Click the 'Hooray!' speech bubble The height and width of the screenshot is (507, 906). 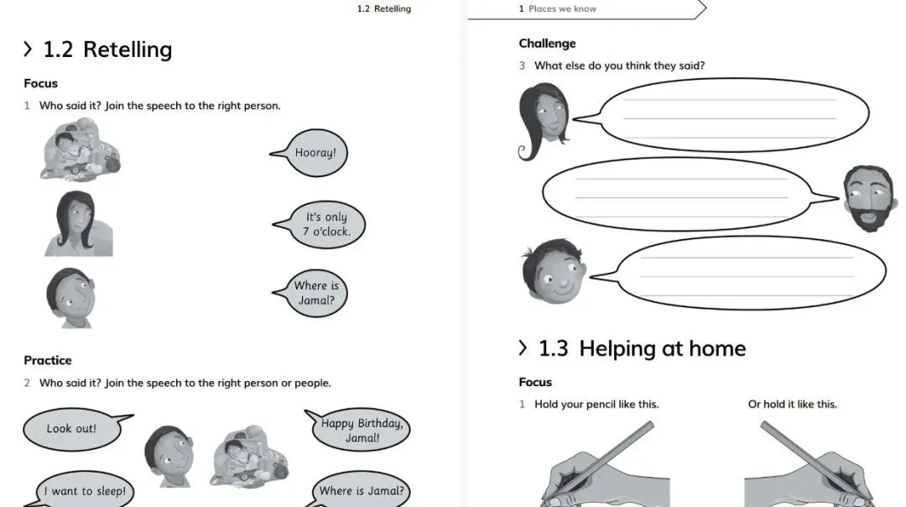point(315,153)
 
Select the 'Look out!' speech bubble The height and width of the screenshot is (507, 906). point(72,429)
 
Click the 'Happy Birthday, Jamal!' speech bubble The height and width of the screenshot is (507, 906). point(361,431)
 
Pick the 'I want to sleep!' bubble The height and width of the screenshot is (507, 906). point(85,491)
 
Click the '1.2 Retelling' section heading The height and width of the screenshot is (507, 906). point(107,50)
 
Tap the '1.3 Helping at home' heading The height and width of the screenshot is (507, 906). point(641,348)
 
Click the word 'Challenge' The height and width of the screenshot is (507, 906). point(547,44)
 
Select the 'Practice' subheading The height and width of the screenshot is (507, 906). point(48,360)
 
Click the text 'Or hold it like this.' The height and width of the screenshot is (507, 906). point(792,405)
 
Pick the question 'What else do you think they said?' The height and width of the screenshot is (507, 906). point(619,65)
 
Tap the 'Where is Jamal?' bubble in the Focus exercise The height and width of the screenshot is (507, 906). point(316,293)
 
